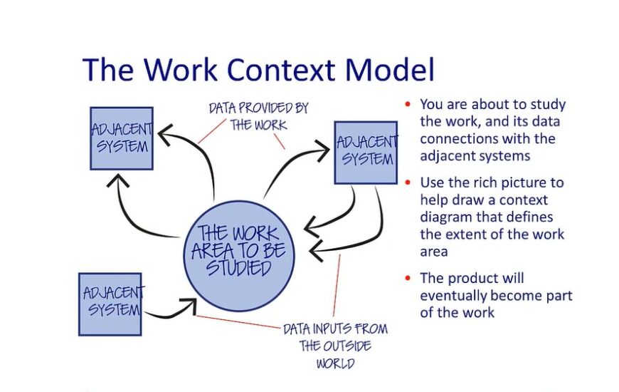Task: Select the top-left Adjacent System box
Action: pos(121,138)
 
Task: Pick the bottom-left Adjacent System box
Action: pos(110,304)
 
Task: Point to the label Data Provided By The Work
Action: pos(258,116)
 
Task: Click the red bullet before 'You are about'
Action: pos(408,105)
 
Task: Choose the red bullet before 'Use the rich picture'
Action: pos(408,182)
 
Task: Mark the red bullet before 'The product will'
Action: pos(408,278)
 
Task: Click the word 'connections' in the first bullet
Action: pos(455,139)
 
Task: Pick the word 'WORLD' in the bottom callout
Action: pos(335,363)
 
